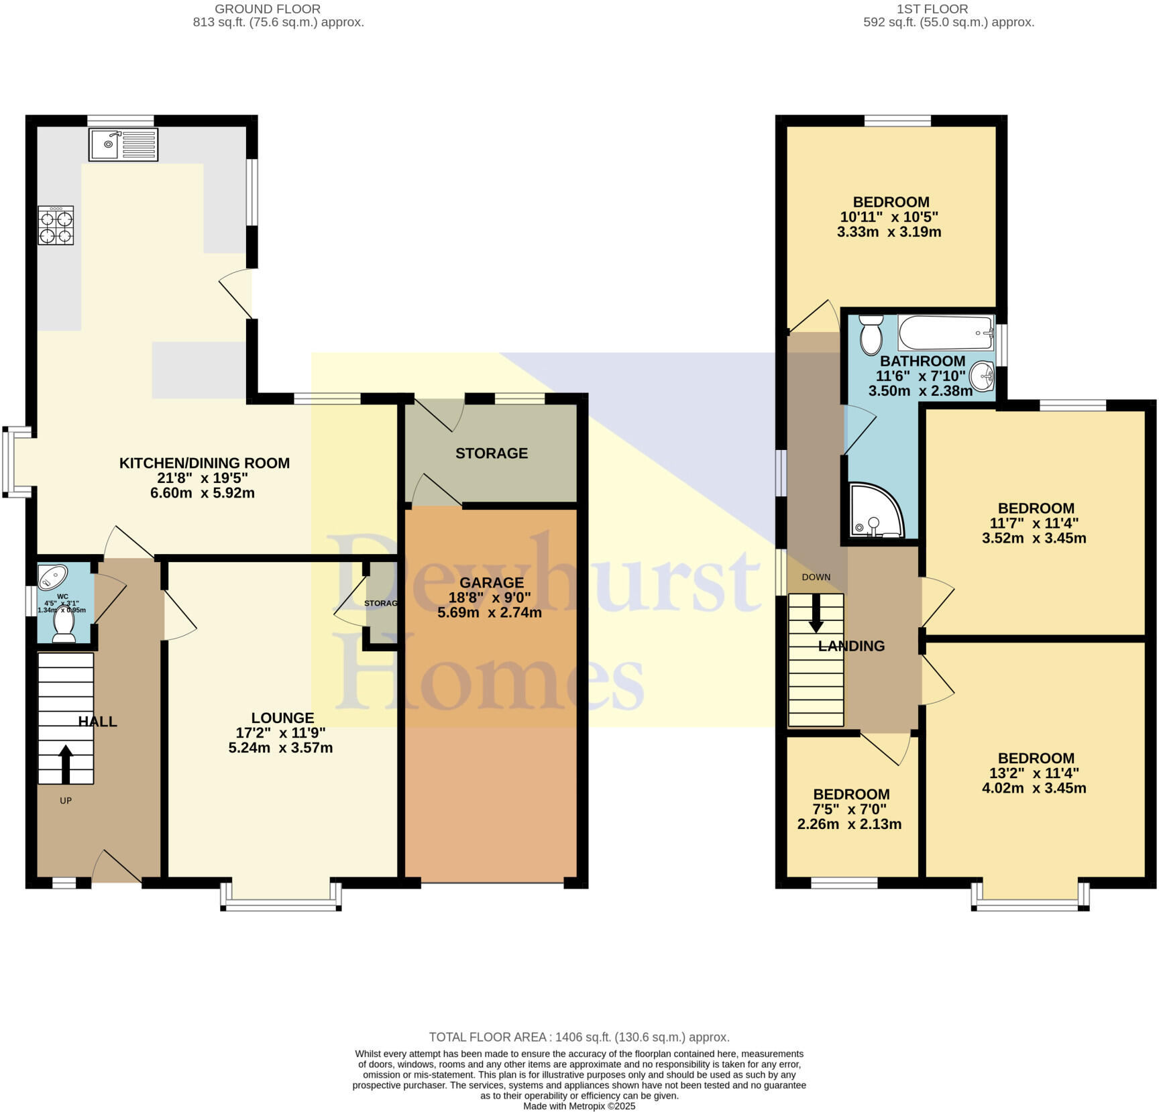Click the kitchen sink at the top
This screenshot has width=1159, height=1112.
123,144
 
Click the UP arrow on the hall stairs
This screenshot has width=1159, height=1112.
66,765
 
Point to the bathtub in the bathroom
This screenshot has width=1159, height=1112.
946,333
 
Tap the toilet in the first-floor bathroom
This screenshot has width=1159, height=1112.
871,335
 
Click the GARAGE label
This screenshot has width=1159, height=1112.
492,583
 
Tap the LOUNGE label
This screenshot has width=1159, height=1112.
282,718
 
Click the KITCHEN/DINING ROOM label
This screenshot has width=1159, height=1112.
205,463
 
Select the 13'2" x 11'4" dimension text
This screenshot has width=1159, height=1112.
1034,773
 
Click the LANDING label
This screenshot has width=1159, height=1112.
851,646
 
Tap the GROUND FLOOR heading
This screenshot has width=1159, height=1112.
268,9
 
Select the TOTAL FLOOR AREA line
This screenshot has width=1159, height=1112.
579,1037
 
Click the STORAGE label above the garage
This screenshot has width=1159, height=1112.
492,453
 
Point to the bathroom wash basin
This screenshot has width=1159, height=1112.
983,375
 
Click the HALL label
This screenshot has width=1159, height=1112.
98,722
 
